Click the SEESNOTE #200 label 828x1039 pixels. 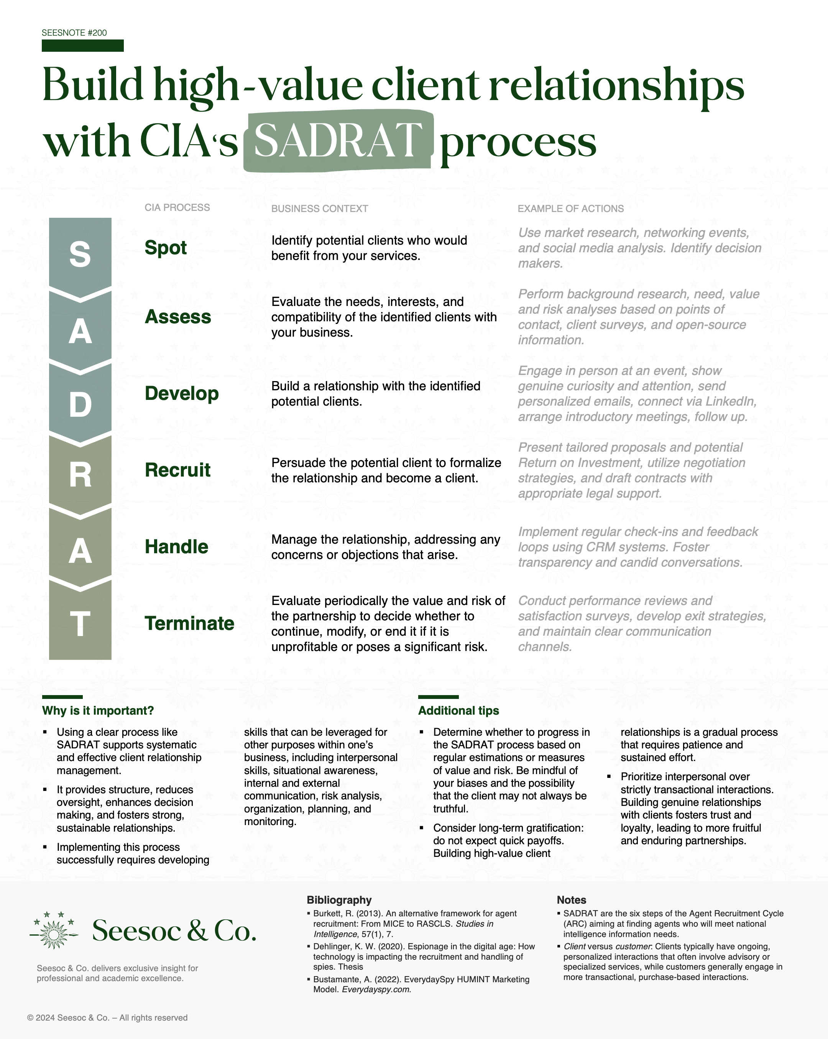(x=74, y=33)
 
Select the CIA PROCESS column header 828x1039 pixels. (x=177, y=208)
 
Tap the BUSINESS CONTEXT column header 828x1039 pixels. (x=320, y=209)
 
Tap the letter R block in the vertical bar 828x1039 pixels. (x=80, y=475)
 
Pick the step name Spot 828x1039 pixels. (x=165, y=248)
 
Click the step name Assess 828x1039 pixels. (x=178, y=317)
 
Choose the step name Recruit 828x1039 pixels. (x=177, y=470)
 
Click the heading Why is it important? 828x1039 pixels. (x=98, y=711)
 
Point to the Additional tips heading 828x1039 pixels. (x=458, y=711)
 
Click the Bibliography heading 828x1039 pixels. (x=339, y=900)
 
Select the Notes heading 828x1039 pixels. (x=571, y=900)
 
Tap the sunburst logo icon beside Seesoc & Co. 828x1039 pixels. (x=54, y=930)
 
